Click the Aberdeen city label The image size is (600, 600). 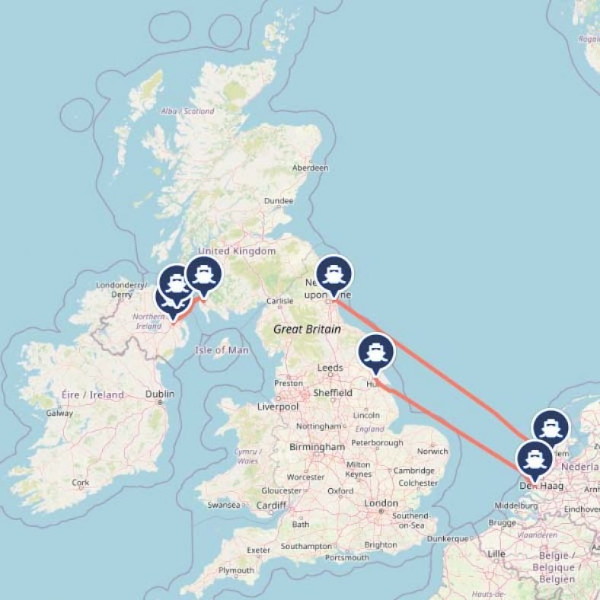pos(311,168)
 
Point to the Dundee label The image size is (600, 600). pos(279,201)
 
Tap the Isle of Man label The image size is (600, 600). pos(222,350)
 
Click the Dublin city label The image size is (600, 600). pos(160,394)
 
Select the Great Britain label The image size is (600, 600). pos(307,330)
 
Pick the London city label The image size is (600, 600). pos(381,503)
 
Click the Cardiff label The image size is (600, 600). pos(271,505)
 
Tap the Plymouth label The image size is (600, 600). pos(236,570)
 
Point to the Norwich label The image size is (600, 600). pos(432,452)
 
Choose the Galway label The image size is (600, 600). pos(59,413)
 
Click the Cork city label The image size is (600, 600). pos(80,483)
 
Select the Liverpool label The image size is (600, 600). pos(276,407)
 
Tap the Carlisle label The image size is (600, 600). pos(280,301)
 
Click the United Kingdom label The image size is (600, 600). pos(237,251)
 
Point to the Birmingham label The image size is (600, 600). pos(317,447)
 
